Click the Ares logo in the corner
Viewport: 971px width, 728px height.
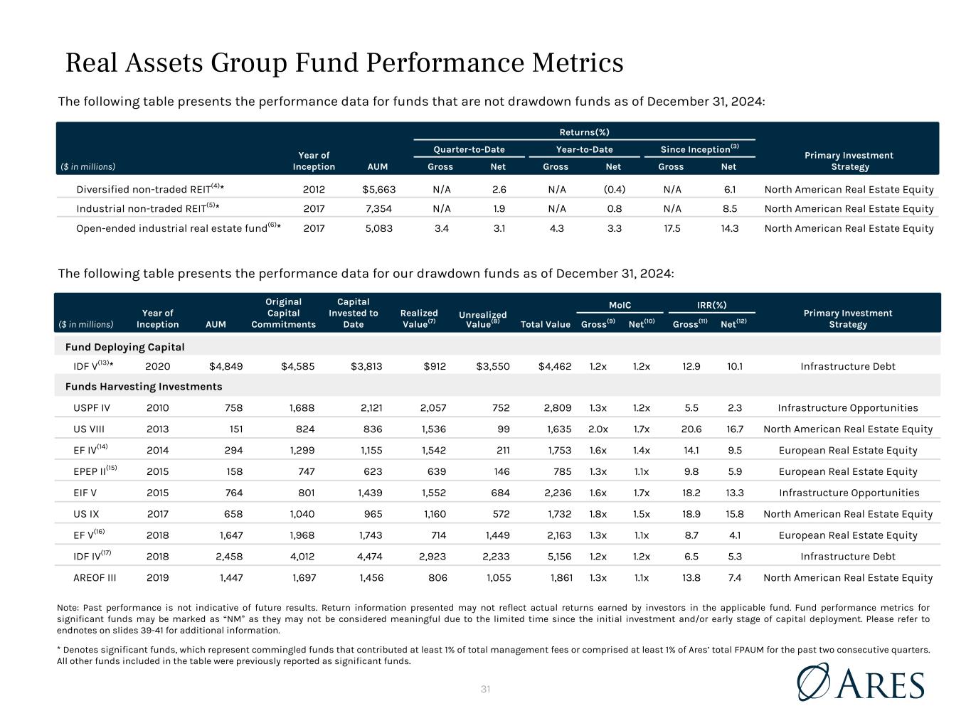tap(860, 682)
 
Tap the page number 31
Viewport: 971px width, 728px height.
tap(486, 689)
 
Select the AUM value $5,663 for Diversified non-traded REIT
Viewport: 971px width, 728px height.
tap(378, 190)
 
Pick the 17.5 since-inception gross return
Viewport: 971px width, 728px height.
tap(671, 228)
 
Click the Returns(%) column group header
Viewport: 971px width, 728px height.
tap(584, 132)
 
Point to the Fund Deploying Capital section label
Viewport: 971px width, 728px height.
tap(124, 347)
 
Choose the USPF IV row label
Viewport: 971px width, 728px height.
tap(91, 408)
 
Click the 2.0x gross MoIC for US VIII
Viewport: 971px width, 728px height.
tap(598, 429)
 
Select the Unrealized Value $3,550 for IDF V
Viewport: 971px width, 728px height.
tap(492, 367)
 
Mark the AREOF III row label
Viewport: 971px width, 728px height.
tap(95, 578)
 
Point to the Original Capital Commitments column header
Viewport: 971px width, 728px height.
tap(283, 313)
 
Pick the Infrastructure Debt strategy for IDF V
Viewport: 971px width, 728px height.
tap(847, 367)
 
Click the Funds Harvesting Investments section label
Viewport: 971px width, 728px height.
tap(144, 387)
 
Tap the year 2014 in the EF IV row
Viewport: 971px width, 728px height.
tap(157, 451)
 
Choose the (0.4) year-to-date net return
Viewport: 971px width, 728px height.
tap(612, 190)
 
